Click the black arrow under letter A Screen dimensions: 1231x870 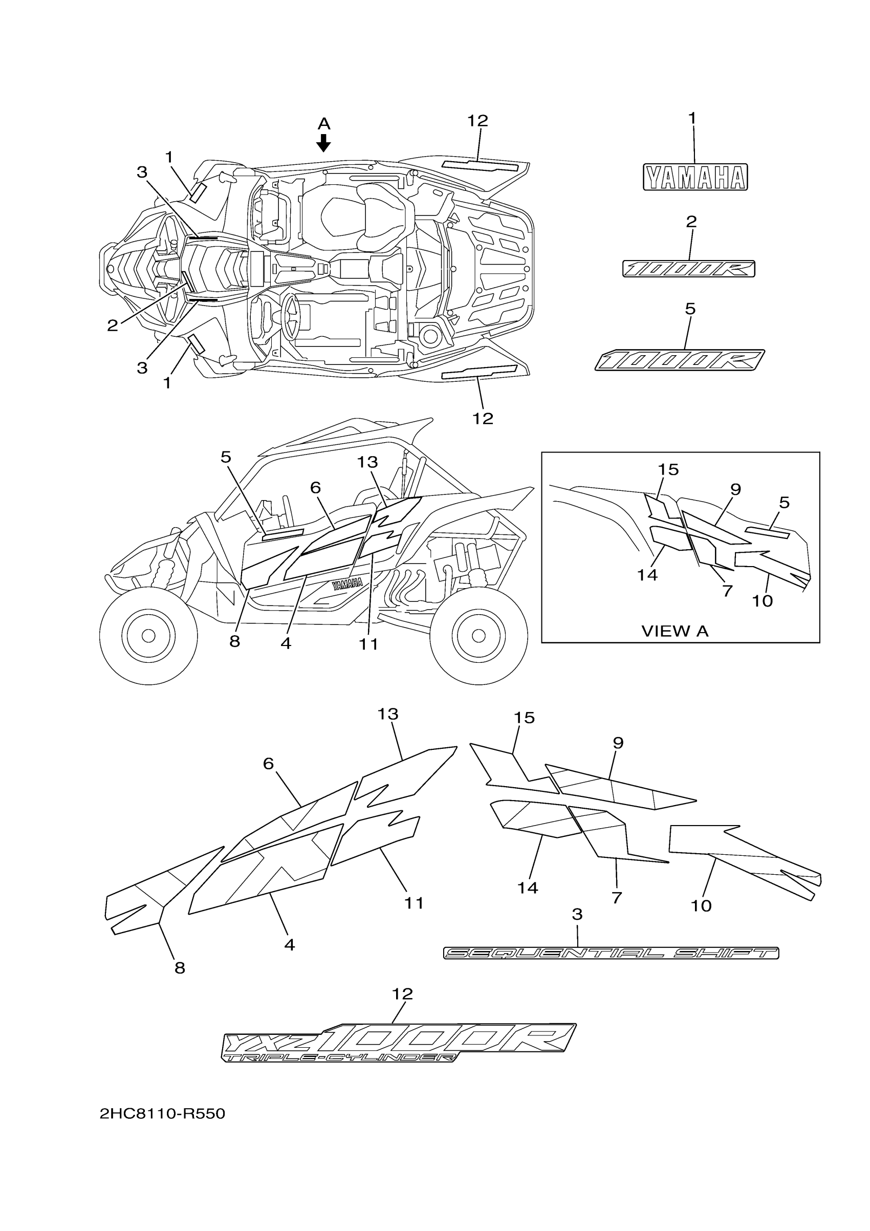pyautogui.click(x=323, y=143)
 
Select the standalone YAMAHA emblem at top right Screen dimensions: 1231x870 pyautogui.click(x=695, y=178)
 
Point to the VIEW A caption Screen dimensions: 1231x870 pyautogui.click(x=675, y=632)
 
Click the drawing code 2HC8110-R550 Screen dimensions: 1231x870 pyautogui.click(x=162, y=1114)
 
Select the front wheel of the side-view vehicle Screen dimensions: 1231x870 pyautogui.click(x=148, y=635)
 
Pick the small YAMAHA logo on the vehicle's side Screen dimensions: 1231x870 pyautogui.click(x=347, y=584)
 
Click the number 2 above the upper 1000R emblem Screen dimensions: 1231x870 pyautogui.click(x=691, y=222)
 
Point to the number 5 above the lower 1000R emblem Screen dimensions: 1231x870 pyautogui.click(x=690, y=309)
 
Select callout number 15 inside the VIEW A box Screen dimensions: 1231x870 pyautogui.click(x=668, y=470)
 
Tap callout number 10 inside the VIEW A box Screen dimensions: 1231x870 pyautogui.click(x=762, y=601)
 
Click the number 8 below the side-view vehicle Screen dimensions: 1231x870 pyautogui.click(x=235, y=641)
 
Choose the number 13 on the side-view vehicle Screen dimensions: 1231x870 pyautogui.click(x=368, y=462)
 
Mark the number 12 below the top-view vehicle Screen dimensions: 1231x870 pyautogui.click(x=483, y=419)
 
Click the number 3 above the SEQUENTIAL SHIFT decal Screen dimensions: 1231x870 pyautogui.click(x=577, y=914)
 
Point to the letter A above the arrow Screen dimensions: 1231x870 pyautogui.click(x=324, y=124)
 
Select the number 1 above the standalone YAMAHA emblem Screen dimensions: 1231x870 pyautogui.click(x=692, y=118)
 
